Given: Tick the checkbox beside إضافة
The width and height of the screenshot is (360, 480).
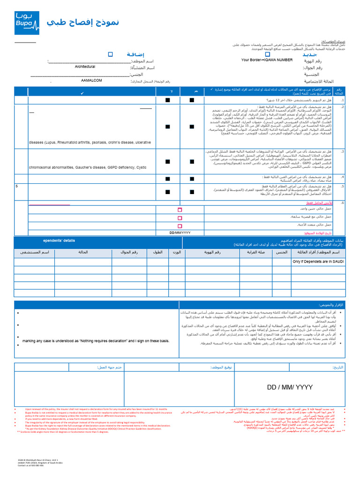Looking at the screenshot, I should point(111,54).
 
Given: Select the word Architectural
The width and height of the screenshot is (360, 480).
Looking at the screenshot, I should point(85,67).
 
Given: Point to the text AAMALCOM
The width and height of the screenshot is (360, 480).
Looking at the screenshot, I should point(92,81).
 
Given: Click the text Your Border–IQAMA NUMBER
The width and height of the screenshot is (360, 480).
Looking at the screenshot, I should point(267,60).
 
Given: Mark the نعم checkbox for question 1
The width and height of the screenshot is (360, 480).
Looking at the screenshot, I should point(191,100).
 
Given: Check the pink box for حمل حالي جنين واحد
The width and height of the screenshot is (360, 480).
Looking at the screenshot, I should point(180,210).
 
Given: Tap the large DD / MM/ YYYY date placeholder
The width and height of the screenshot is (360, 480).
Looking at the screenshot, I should point(289,388).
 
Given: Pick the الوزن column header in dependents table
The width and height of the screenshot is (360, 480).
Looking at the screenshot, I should point(176,252).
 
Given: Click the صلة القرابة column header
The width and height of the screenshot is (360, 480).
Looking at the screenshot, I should point(256,252).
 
